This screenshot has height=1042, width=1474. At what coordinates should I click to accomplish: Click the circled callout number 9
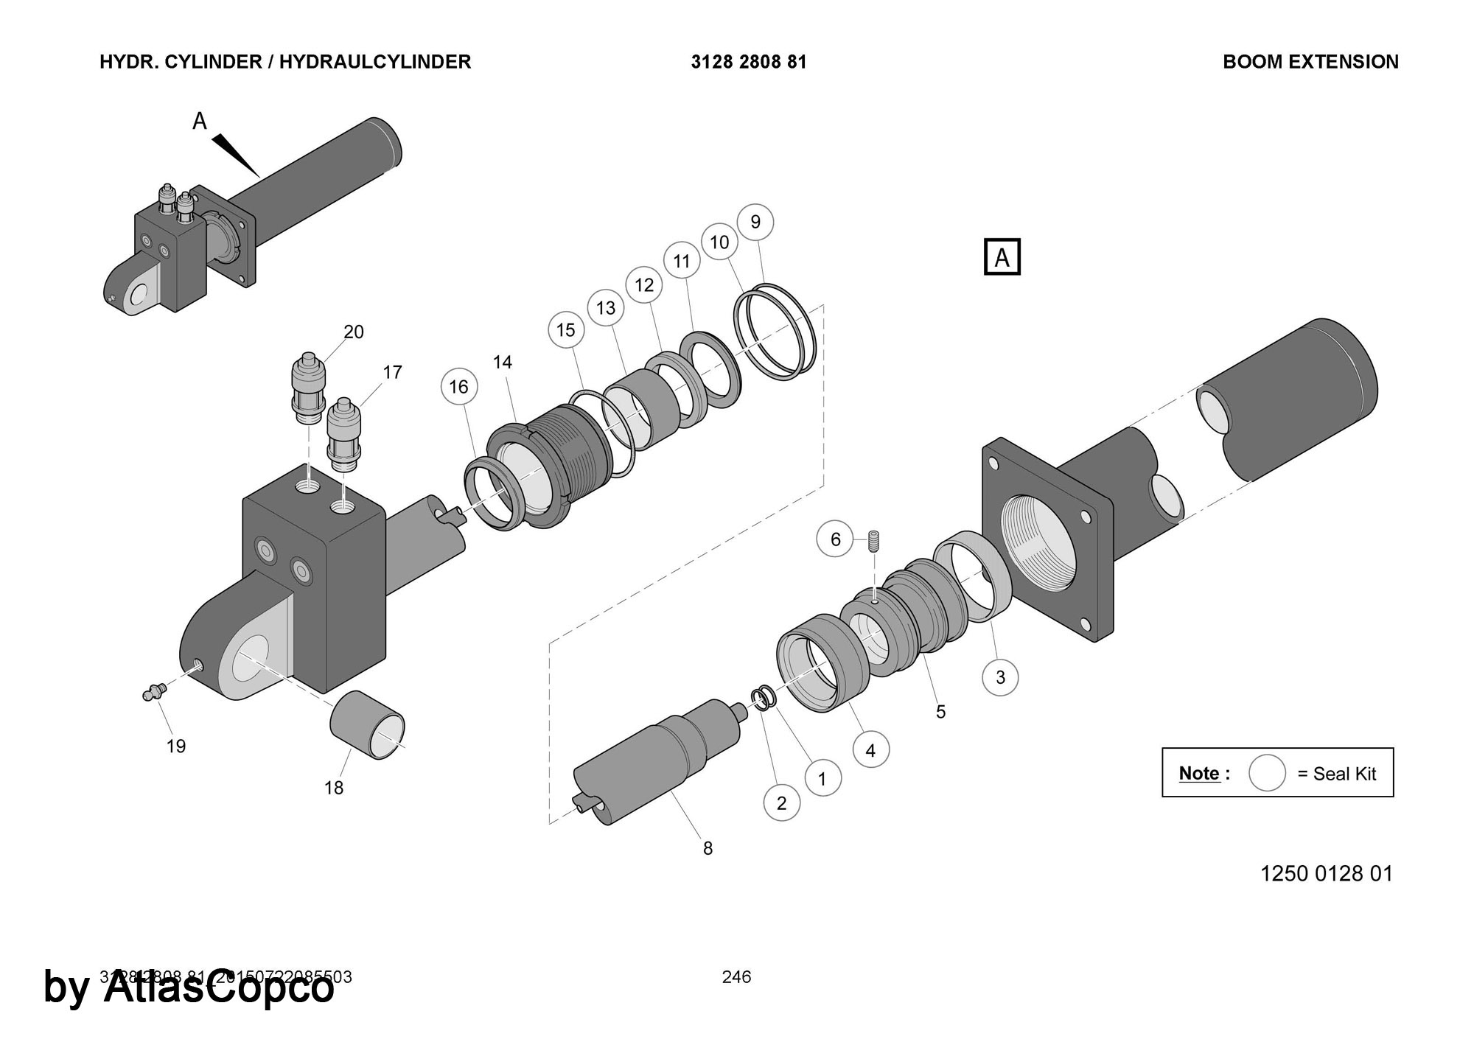(755, 222)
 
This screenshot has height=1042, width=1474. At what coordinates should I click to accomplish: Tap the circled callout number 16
(458, 387)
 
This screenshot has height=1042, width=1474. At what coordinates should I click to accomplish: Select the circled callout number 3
(1000, 677)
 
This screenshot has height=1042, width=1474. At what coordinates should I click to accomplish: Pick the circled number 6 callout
(835, 539)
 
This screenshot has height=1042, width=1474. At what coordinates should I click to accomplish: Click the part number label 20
(354, 332)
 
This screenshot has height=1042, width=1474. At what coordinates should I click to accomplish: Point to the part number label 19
(176, 746)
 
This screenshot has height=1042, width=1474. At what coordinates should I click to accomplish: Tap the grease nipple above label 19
(153, 692)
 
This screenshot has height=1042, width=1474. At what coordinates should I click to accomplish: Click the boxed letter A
(1002, 257)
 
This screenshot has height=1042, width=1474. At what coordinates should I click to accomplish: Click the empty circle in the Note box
(1267, 773)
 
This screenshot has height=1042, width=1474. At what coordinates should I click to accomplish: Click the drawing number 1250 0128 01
(1326, 873)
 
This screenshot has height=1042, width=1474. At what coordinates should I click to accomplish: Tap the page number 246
(736, 977)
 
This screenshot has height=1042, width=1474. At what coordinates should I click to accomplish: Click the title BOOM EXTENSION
(1310, 62)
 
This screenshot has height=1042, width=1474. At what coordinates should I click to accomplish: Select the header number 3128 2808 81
(749, 62)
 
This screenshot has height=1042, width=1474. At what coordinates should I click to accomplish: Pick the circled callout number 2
(782, 803)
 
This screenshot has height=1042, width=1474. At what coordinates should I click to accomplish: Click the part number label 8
(708, 849)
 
